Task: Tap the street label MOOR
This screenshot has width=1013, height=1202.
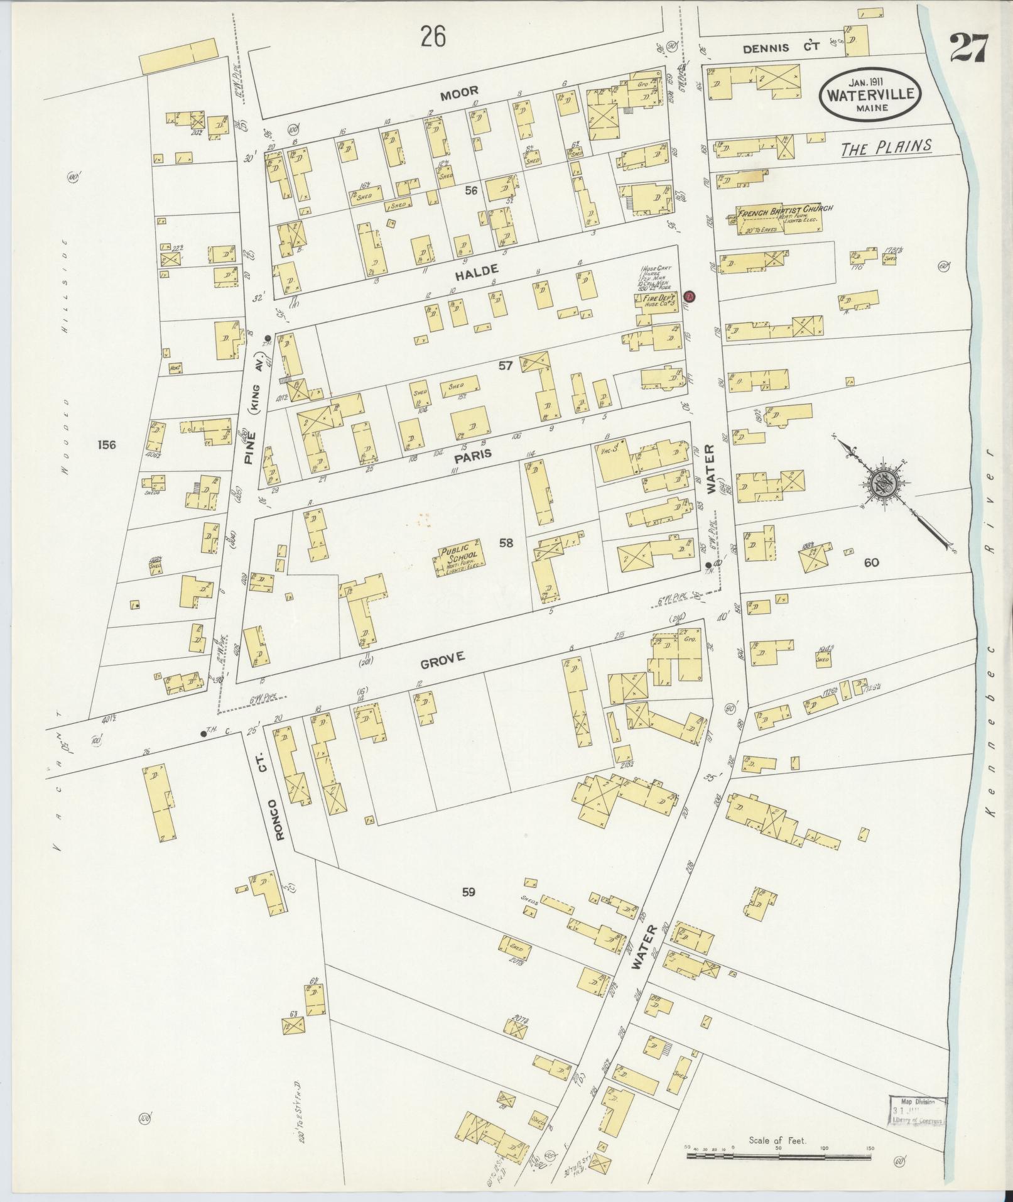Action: pos(459,93)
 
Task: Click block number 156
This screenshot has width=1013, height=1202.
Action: pos(107,445)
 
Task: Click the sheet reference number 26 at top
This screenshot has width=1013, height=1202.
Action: pos(433,38)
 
